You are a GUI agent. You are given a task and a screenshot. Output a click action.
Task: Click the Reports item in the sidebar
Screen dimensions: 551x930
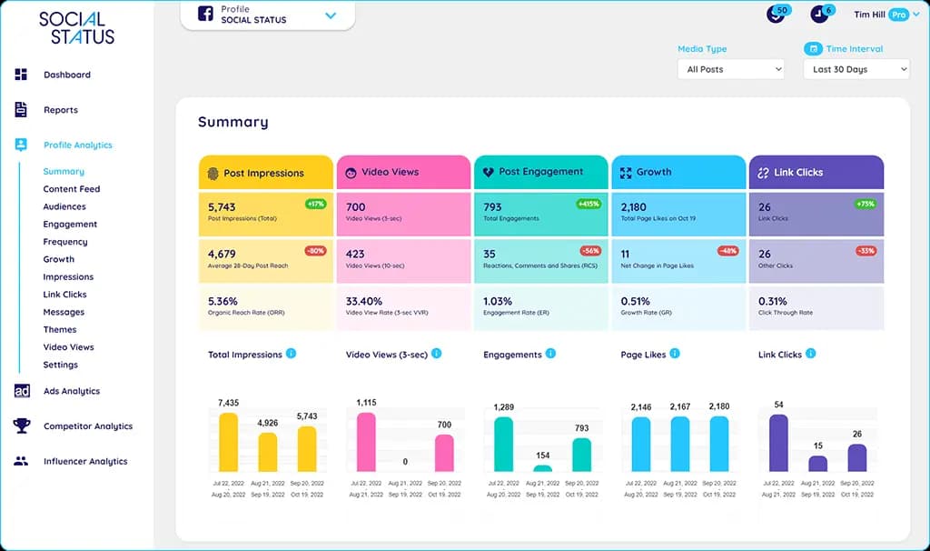pos(60,110)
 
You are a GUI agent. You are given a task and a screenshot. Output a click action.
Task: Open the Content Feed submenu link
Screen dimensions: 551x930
pos(71,189)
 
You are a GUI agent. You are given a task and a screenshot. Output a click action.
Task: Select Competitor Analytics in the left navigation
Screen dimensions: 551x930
pos(87,426)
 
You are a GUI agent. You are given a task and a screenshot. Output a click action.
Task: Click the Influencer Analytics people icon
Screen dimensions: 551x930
pos(21,461)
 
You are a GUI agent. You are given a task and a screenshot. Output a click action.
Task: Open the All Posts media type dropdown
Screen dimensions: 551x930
pos(730,69)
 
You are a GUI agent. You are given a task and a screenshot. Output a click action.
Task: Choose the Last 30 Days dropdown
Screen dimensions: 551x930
pos(856,69)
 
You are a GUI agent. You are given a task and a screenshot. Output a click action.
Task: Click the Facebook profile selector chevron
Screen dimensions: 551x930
pos(331,15)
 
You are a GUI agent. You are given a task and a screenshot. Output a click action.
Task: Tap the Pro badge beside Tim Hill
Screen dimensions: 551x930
pos(898,15)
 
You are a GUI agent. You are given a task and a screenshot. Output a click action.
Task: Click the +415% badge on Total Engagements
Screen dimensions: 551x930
pos(589,205)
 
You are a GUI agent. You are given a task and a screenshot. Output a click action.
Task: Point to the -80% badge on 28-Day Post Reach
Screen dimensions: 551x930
pos(315,251)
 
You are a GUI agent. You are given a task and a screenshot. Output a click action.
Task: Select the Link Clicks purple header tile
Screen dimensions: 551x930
pos(816,172)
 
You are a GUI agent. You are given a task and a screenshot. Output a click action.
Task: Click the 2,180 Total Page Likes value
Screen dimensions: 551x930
pos(634,207)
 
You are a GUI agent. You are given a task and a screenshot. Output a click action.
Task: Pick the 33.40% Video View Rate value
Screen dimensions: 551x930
pos(364,301)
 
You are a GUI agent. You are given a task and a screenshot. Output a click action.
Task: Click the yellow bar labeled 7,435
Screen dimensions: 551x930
pos(228,443)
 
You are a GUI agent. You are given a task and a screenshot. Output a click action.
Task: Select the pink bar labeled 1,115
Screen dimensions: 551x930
pos(366,443)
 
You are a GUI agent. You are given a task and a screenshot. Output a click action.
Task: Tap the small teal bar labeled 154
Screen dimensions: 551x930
pos(542,468)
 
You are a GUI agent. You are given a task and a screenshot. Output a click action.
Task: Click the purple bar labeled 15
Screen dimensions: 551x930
pos(817,464)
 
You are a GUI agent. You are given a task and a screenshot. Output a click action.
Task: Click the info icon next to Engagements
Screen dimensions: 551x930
pos(550,354)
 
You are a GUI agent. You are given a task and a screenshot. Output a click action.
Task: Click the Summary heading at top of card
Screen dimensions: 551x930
pos(233,122)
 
